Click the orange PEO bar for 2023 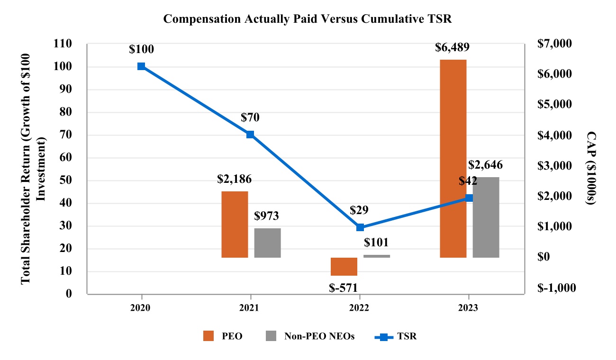[x=453, y=159]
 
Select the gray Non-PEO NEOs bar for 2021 [x=267, y=243]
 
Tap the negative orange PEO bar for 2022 [x=344, y=266]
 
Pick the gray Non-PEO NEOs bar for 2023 [x=486, y=217]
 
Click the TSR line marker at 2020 [x=141, y=66]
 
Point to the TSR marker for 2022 [x=360, y=227]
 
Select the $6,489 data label [x=453, y=47]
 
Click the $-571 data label [x=343, y=287]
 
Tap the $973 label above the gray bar [x=266, y=216]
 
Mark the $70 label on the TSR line [x=250, y=117]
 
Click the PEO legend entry [x=223, y=336]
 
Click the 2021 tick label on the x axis [x=250, y=307]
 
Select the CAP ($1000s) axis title [x=590, y=168]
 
